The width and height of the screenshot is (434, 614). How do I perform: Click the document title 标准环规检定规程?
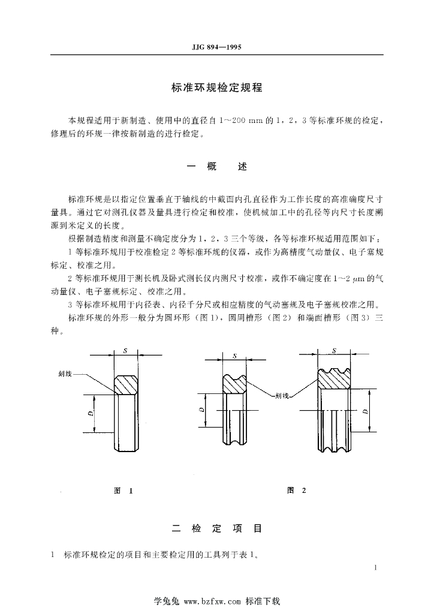point(216,87)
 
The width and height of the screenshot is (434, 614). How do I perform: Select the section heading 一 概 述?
point(216,167)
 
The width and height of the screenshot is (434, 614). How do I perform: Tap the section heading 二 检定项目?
point(216,529)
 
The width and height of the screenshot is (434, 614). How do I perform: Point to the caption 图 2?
point(297,490)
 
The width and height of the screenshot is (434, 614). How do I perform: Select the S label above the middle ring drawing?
point(235,356)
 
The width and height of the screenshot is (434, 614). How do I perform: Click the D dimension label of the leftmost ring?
point(90,413)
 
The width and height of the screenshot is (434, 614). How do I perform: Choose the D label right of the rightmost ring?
point(365,410)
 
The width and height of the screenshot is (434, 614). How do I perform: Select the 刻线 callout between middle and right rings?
point(282,396)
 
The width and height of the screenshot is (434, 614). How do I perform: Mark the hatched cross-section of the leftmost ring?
point(126,384)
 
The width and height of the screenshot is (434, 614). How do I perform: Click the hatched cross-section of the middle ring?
point(235,383)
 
